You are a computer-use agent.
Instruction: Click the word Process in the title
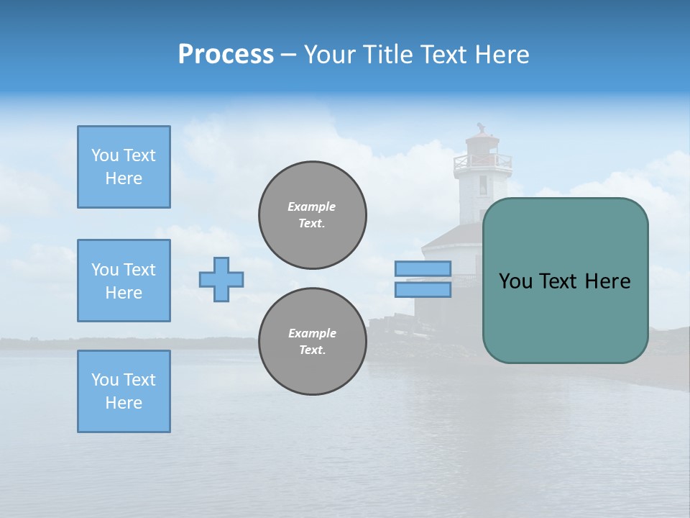coord(226,55)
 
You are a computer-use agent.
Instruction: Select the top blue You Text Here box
coord(124,167)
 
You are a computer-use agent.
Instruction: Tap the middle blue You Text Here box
coord(124,281)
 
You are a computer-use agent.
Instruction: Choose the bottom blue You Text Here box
coord(124,391)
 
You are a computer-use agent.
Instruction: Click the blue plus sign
coord(221,279)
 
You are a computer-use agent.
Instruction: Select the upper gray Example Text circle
coord(313,215)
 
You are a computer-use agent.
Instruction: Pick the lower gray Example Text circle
coord(313,342)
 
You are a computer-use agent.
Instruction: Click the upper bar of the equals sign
coord(423,268)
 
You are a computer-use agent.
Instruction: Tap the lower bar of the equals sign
coord(423,290)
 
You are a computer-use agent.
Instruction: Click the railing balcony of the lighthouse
coord(482,163)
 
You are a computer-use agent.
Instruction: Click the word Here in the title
coord(501,55)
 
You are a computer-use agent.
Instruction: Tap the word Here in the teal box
coord(607,281)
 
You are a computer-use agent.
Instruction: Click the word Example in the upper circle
coord(312,206)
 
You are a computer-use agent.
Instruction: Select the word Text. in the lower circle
coord(312,350)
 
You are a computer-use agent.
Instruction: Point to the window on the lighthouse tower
coord(483,186)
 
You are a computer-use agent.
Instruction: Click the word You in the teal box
coord(515,281)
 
